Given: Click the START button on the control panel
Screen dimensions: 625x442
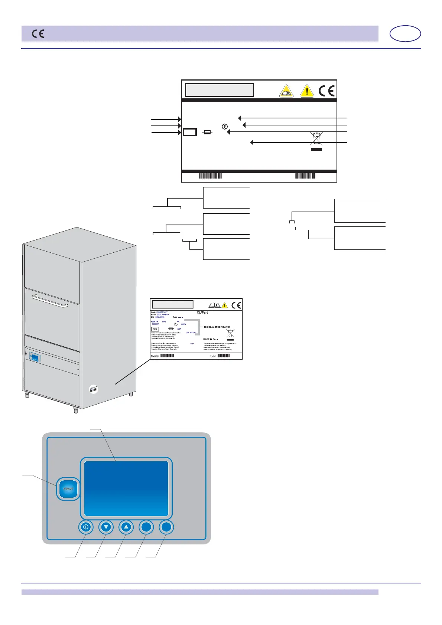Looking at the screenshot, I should pos(68,489).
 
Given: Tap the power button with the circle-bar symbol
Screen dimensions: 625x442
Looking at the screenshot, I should pos(86,527).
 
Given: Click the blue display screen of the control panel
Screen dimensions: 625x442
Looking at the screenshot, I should pos(126,488).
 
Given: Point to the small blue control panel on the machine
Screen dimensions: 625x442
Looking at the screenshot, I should pos(35,357).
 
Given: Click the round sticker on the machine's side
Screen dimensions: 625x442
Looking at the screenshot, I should pos(94,389).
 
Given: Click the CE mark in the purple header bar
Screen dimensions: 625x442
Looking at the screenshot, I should pos(38,34).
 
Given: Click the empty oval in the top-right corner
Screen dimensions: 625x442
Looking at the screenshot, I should pos(405,34).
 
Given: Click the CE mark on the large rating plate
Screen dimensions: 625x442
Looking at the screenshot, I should pos(326,91).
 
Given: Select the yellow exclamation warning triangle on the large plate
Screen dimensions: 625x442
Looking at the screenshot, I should pos(307,91).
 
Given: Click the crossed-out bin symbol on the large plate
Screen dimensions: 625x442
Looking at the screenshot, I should pos(316,139).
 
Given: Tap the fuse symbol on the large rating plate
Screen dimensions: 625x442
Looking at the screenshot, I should pos(208,132).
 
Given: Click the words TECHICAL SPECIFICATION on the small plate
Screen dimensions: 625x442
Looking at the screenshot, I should pos(217,327).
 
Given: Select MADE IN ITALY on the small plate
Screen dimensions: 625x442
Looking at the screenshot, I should pos(211,339).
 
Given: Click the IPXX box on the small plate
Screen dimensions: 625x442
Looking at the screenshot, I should pos(155,329).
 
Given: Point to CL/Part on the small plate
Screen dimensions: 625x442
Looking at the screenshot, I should pos(202,312).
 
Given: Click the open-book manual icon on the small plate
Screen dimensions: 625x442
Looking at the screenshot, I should pos(214,305).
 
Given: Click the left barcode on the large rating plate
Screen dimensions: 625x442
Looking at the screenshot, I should pos(210,176).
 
